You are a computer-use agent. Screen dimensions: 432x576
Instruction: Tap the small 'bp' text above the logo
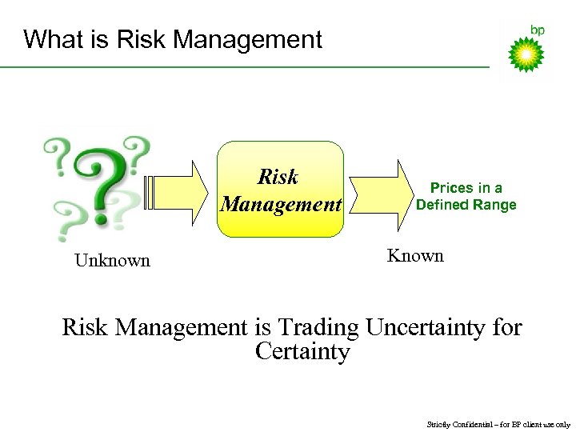tap(538, 30)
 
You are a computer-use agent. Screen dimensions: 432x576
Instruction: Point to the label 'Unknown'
tap(112, 260)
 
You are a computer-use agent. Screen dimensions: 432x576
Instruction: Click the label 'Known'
tap(415, 256)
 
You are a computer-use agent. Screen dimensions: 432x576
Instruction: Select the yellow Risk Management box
tap(281, 190)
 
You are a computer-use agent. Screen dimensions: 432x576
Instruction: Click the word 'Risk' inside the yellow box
tap(278, 176)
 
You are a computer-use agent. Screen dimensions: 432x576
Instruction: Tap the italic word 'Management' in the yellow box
tap(281, 204)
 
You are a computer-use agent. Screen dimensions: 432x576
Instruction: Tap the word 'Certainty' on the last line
tap(302, 351)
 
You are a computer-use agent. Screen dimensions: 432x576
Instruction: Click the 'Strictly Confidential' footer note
tap(498, 424)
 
